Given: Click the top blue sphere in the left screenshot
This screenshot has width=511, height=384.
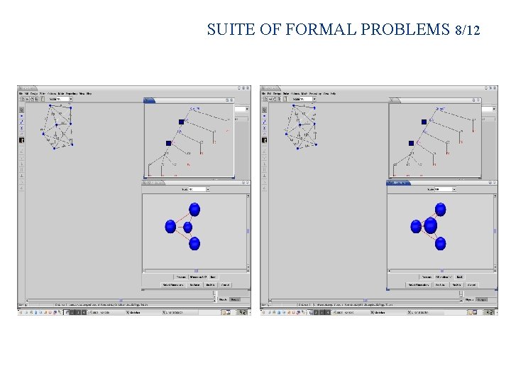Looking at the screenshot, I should click(194, 210).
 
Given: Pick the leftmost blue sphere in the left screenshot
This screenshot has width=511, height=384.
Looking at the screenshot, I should click(170, 226).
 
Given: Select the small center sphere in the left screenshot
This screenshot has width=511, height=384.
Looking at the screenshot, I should click(188, 227).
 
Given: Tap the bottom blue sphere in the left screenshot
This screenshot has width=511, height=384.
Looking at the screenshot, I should click(194, 243).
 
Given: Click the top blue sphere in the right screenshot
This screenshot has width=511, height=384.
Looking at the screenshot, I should click(440, 210).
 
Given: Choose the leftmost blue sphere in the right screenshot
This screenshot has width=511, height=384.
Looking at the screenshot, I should click(416, 226).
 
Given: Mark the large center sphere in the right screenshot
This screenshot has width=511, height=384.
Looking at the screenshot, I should click(430, 226).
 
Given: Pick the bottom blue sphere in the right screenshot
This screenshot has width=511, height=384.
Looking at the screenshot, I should click(440, 243).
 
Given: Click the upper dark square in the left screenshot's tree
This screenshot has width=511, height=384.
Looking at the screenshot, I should click(181, 122).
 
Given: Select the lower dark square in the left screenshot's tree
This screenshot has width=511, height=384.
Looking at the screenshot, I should click(169, 143).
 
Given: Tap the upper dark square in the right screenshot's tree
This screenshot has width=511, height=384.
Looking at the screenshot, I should click(424, 122).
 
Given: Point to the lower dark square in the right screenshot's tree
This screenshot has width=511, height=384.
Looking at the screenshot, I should click(411, 143).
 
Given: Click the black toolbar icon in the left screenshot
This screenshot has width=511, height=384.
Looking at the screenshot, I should click(21, 140).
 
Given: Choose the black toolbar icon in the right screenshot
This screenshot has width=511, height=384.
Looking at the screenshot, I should click(264, 140).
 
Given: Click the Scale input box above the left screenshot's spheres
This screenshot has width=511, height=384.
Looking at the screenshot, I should click(197, 189).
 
